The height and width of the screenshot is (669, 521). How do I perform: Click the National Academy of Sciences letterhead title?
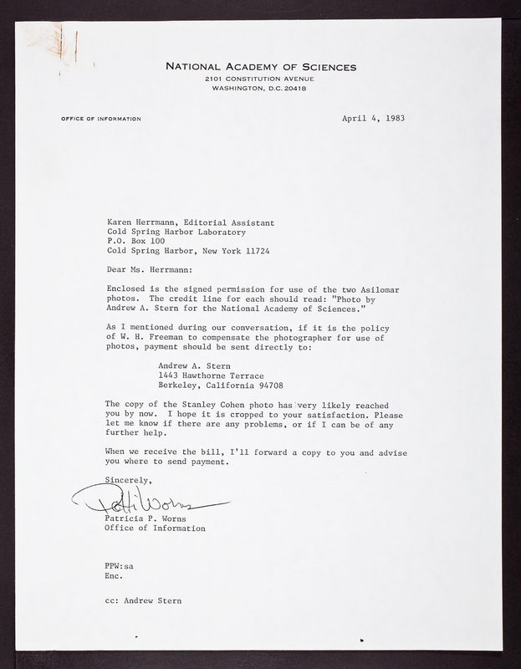click(x=261, y=66)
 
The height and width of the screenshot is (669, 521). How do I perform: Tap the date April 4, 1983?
click(x=374, y=118)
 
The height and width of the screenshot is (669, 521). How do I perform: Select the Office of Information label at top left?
click(x=101, y=119)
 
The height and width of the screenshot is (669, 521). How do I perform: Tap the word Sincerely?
click(x=130, y=480)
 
